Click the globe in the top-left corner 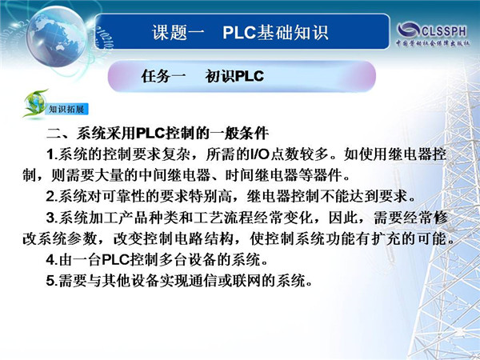(57, 36)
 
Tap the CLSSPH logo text (444, 31)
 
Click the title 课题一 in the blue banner (178, 32)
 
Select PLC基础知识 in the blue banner (275, 32)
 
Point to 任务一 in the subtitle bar (163, 76)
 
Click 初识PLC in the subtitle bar (234, 76)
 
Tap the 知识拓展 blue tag (66, 109)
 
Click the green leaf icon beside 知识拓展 (34, 103)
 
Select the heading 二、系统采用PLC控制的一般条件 (158, 133)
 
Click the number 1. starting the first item (52, 154)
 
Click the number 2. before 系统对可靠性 (52, 196)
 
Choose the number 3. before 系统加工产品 (52, 218)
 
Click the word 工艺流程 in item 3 (214, 218)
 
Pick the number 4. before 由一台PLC (52, 260)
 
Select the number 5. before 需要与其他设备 (52, 281)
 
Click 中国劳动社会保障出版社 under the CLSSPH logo (433, 43)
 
